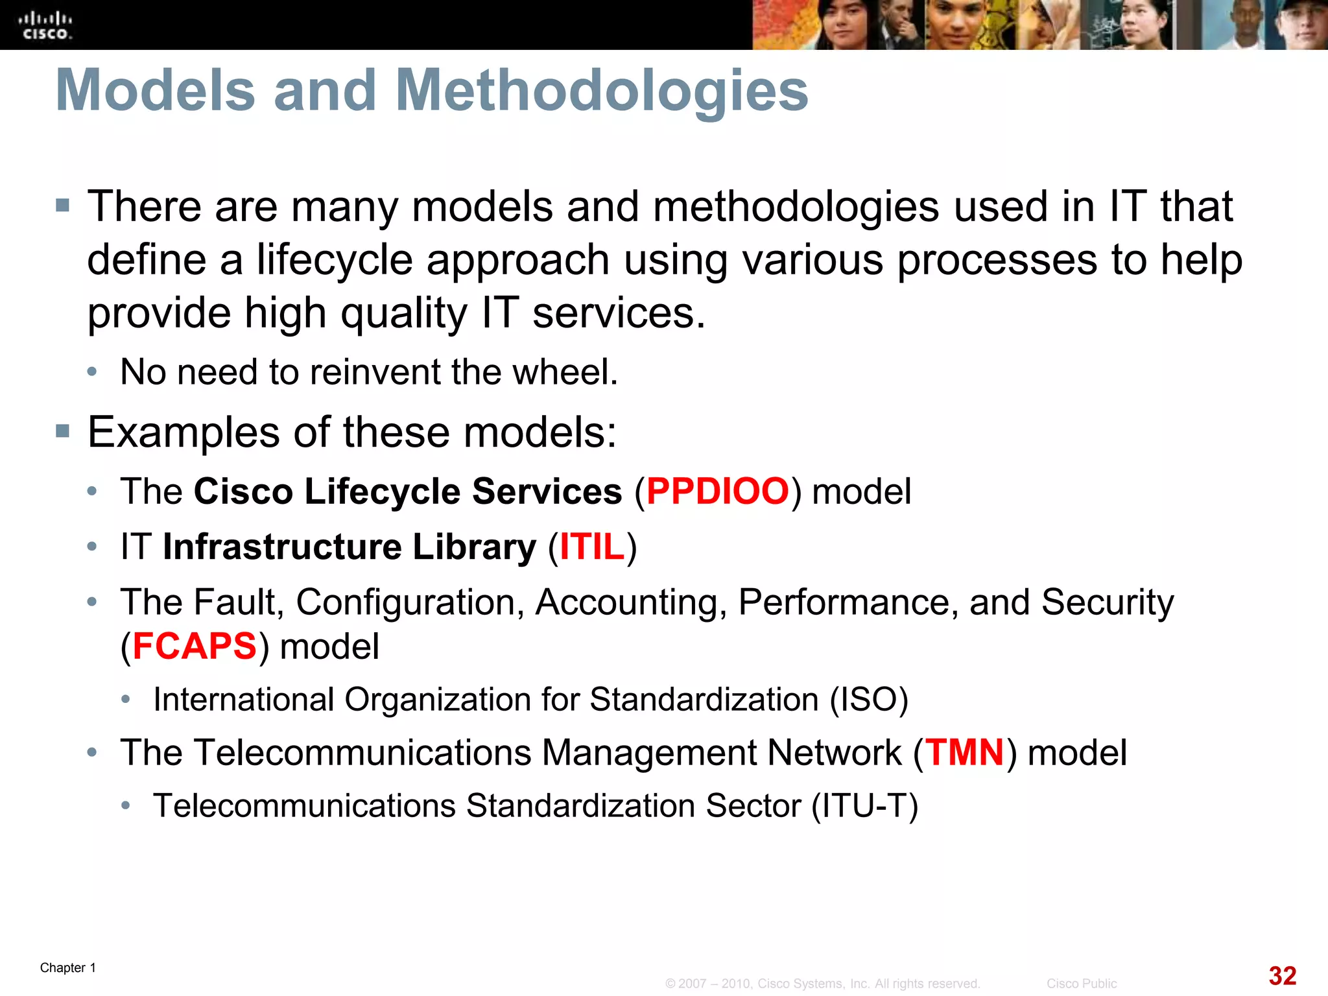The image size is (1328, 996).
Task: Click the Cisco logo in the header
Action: click(x=45, y=25)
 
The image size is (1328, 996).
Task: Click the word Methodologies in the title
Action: click(x=602, y=90)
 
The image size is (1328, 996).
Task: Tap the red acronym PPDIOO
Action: click(x=718, y=491)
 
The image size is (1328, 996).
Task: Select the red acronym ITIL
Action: click(x=592, y=547)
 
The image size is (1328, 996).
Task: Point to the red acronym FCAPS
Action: click(x=195, y=646)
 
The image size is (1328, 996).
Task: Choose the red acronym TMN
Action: click(x=964, y=753)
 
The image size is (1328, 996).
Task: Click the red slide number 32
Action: click(x=1282, y=975)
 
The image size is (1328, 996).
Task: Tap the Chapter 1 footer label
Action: click(x=68, y=967)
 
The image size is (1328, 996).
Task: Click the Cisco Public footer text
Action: click(x=1081, y=984)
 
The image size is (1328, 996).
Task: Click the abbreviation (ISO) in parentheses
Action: click(x=869, y=700)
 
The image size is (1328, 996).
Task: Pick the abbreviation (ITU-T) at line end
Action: click(x=865, y=806)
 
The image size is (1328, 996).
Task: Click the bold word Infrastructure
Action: click(x=281, y=547)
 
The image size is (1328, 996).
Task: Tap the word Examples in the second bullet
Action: click(x=184, y=433)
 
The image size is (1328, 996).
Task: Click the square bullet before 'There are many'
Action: click(x=62, y=206)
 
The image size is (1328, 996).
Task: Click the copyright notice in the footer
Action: click(x=822, y=984)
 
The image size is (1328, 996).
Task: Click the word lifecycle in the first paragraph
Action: click(x=335, y=260)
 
